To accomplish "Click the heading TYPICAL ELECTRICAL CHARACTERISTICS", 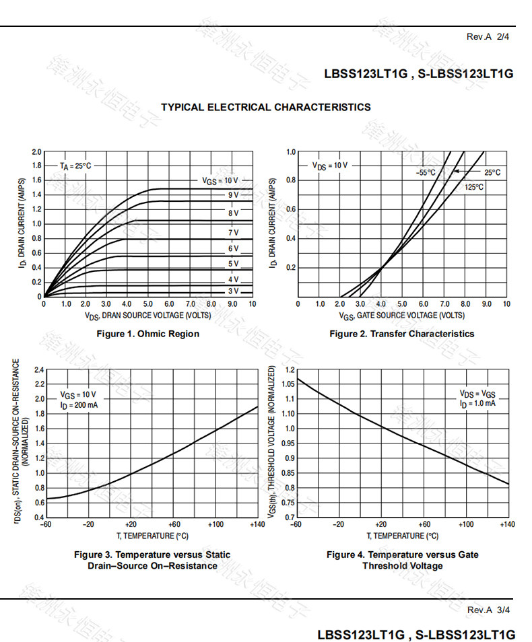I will (265, 107).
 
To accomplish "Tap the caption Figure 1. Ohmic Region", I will (148, 334).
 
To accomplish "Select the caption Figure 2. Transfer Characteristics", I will (401, 334).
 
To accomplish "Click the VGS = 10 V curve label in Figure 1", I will (220, 180).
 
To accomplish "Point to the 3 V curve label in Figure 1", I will (233, 291).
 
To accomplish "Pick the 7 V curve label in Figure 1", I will (233, 233).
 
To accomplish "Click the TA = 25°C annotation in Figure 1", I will (75, 166).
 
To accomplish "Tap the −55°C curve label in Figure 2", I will (426, 173).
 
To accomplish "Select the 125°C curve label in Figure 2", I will (473, 187).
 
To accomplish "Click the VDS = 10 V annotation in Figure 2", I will (329, 166).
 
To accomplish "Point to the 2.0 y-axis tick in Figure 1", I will (36, 151).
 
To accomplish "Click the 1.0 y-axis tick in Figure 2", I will (290, 152).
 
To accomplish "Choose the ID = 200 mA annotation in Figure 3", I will (79, 405).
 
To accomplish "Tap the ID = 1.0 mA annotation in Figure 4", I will (477, 404).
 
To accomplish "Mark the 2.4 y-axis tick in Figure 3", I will (38, 370).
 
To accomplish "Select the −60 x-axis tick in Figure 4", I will (295, 524).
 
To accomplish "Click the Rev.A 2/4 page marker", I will (488, 36).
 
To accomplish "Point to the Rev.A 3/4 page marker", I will (488, 610).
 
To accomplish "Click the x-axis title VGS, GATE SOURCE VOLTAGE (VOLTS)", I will (401, 315).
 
